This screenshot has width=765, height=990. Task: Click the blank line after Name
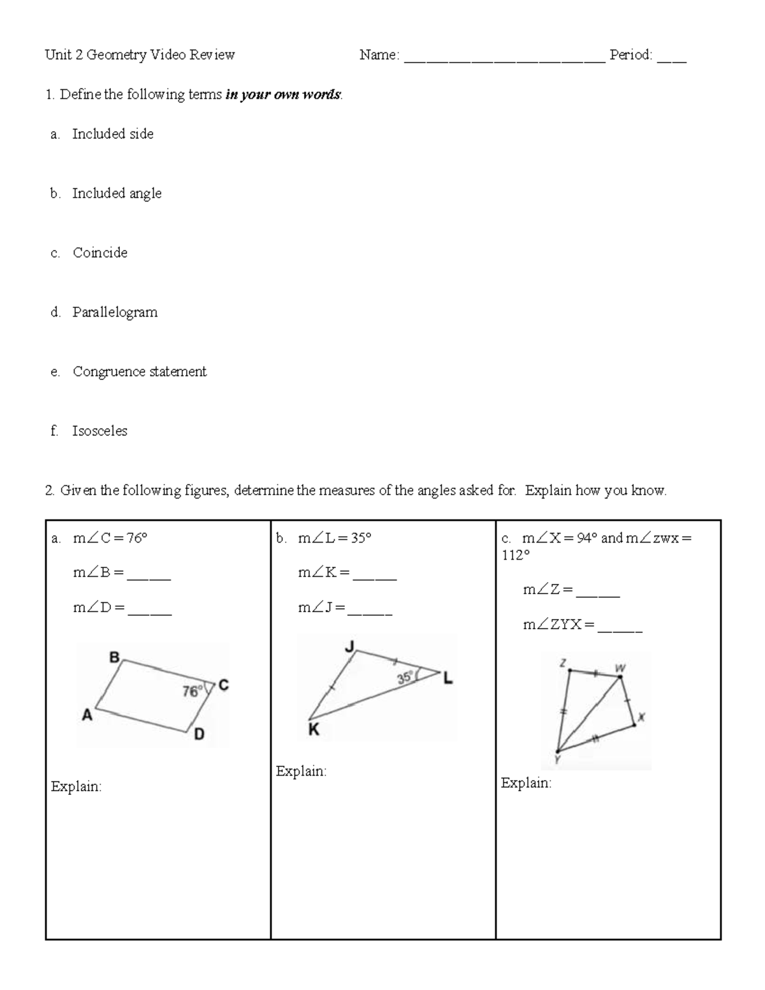tap(504, 61)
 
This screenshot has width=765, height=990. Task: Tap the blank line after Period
tap(672, 61)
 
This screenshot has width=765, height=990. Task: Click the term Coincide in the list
tap(100, 253)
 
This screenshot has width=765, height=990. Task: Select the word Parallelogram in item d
tap(115, 312)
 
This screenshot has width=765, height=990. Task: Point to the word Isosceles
tap(99, 431)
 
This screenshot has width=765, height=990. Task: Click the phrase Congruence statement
tap(140, 372)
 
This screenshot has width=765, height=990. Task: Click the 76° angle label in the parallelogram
tap(192, 691)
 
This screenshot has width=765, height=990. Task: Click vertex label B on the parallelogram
tap(115, 657)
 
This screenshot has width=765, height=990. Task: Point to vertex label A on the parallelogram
tap(87, 716)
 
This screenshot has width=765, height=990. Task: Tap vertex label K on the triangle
tap(313, 730)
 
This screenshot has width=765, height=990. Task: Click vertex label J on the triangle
tap(349, 647)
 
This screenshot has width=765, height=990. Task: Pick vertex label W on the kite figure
tap(620, 667)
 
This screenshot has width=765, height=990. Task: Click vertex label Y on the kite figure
tap(557, 759)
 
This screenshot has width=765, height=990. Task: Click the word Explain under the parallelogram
tap(76, 787)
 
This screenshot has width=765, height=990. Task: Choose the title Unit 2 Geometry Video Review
tap(140, 55)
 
